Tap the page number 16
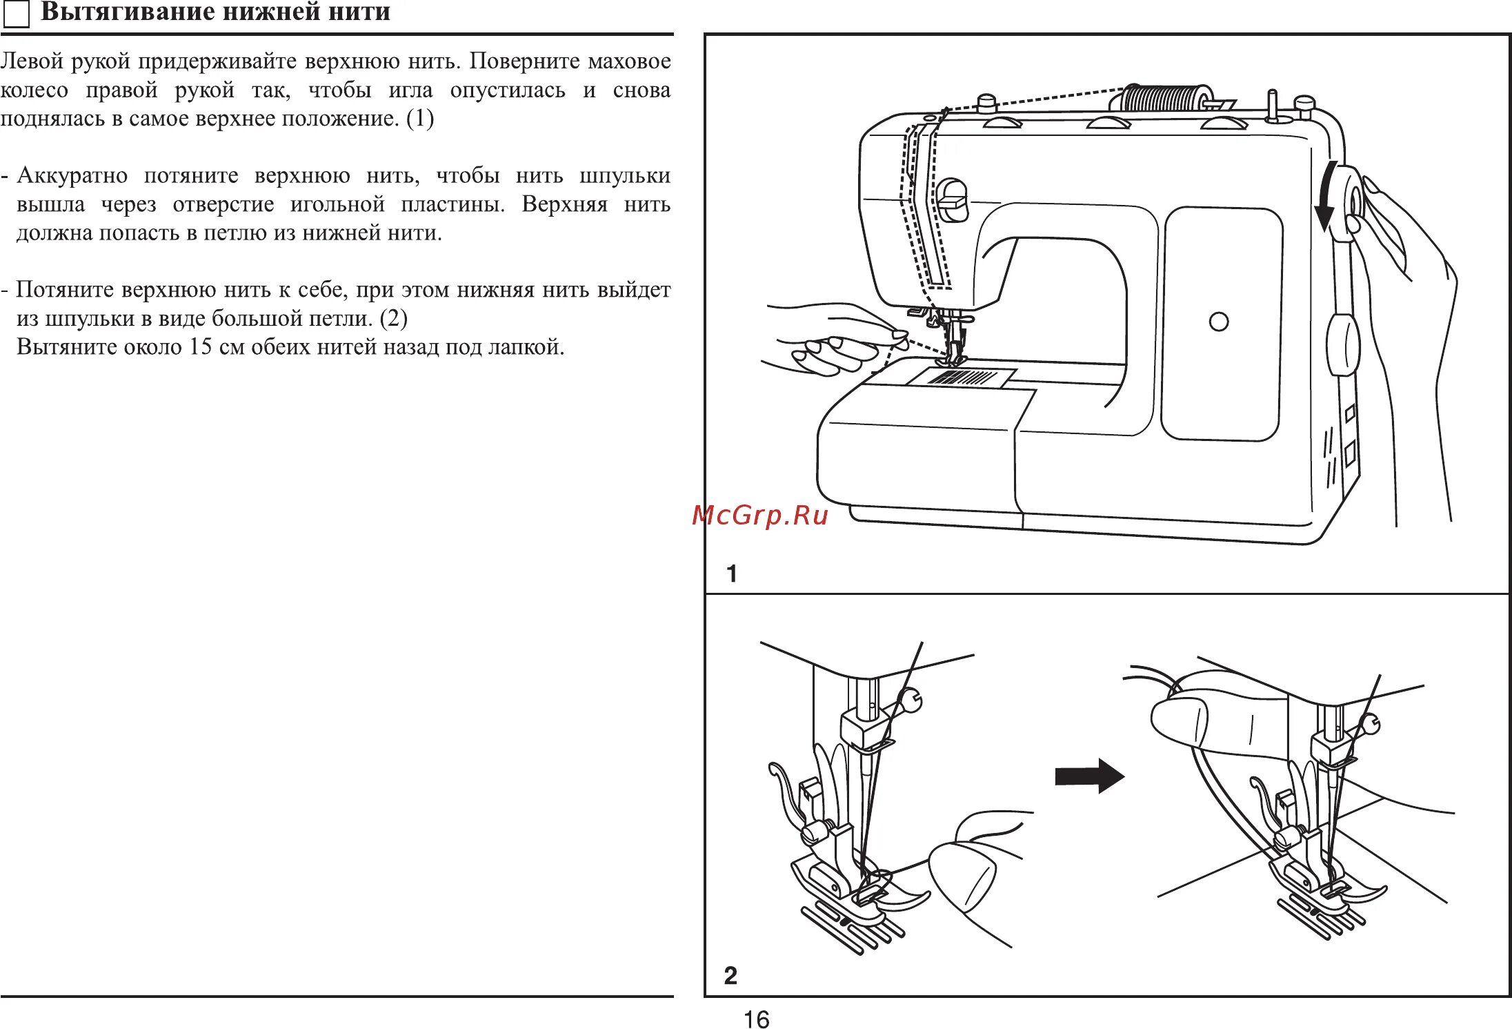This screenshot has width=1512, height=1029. [756, 1019]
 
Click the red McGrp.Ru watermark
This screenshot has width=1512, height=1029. [760, 515]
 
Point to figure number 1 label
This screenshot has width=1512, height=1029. [732, 574]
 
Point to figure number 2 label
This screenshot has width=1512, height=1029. [730, 975]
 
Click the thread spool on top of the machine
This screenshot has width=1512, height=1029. [1166, 99]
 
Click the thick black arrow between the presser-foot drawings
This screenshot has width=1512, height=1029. [1089, 776]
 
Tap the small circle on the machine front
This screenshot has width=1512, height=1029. [1219, 322]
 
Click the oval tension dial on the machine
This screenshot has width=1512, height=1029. [952, 201]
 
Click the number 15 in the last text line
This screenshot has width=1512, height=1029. [200, 346]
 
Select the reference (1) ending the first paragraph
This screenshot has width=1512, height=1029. [419, 118]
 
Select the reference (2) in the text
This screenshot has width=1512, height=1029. [393, 318]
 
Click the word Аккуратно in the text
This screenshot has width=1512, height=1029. [72, 175]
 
